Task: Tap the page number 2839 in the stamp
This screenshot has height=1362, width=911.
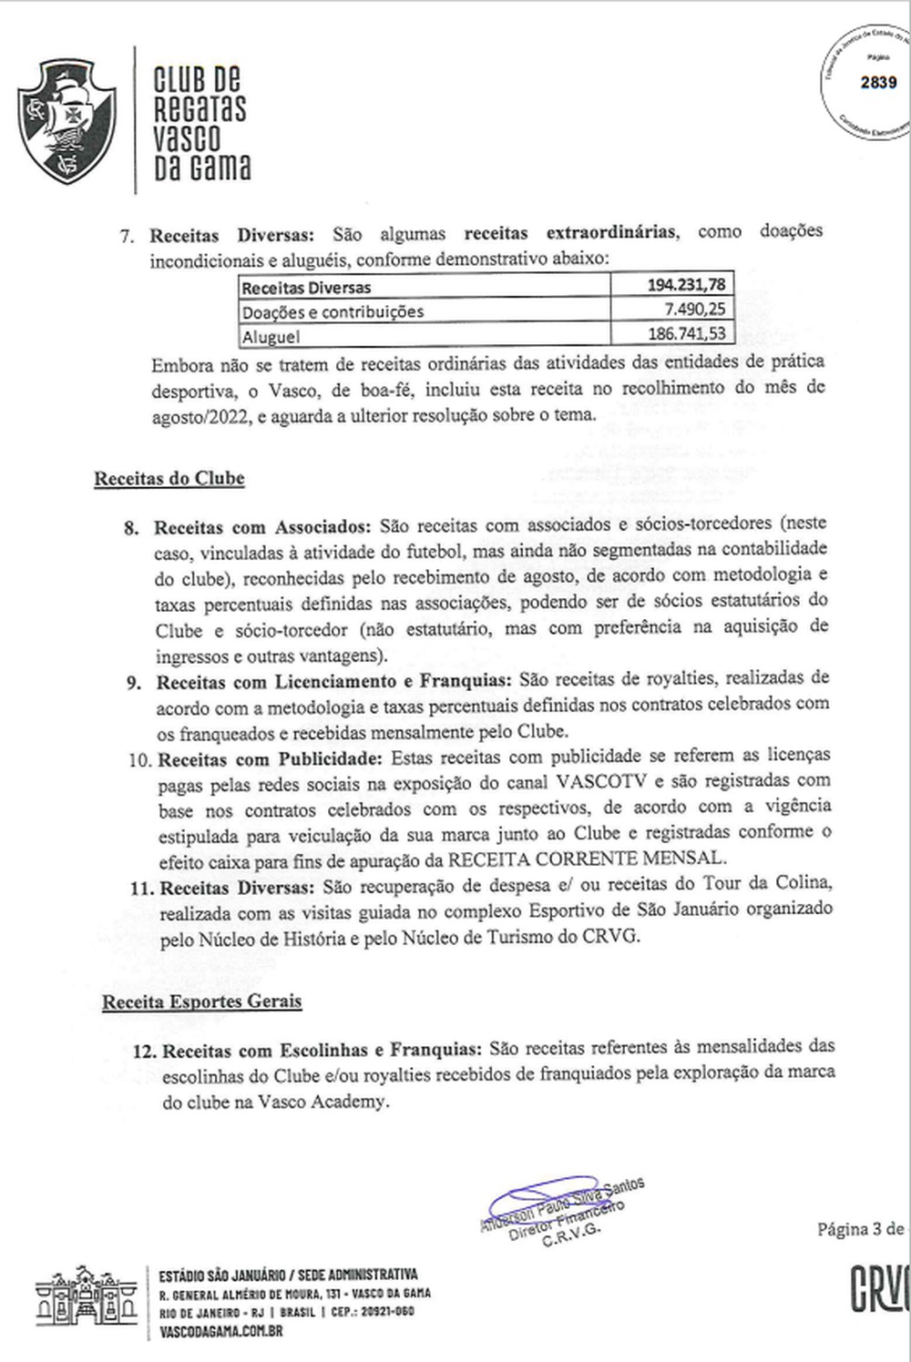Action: tap(878, 82)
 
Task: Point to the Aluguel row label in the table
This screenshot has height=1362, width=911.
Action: tap(271, 336)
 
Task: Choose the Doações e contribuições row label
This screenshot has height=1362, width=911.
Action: tap(333, 311)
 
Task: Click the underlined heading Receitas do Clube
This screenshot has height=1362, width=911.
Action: tap(169, 478)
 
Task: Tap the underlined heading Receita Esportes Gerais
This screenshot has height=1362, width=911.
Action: tap(201, 1001)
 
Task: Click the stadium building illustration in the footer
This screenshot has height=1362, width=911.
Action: tap(87, 1296)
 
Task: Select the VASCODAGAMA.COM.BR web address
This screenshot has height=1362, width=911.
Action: tap(220, 1331)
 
